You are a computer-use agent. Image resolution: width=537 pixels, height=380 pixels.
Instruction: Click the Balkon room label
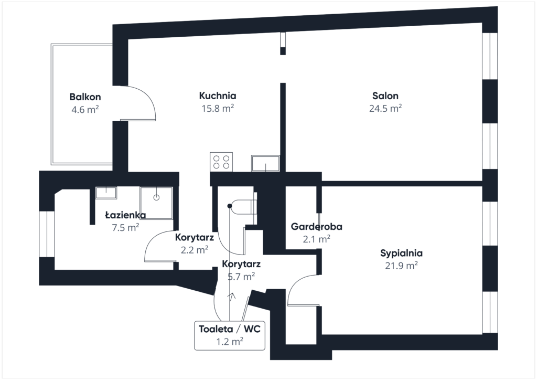pos(85,97)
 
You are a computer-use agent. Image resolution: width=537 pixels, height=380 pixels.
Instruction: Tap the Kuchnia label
pos(218,96)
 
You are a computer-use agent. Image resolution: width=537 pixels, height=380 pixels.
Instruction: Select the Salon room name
pos(385,96)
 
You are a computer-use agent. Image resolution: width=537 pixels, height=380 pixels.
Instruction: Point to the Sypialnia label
pos(401,253)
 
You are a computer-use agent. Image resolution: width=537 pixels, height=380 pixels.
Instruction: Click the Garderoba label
pos(316,227)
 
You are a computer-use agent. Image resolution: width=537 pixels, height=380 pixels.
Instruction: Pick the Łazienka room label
pos(125,215)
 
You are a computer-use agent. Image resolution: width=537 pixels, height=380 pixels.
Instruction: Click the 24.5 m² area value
pos(385,108)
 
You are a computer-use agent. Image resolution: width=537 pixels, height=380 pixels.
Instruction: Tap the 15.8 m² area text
pos(218,108)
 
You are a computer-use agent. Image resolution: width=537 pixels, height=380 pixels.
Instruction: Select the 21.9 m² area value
pos(401,266)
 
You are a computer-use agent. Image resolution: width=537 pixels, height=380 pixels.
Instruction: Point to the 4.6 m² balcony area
pos(85,110)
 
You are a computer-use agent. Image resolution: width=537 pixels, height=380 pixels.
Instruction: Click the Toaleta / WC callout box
pos(230,335)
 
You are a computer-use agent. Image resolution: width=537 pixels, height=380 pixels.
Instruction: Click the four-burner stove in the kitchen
pos(221,162)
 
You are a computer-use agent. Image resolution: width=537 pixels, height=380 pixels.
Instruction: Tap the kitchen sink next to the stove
pos(265,163)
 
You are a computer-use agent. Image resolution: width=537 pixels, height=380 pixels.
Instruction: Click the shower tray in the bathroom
pos(156,203)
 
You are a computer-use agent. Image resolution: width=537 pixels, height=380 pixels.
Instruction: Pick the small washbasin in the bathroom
pos(106,193)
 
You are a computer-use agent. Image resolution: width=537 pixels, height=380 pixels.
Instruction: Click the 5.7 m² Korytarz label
pos(241,270)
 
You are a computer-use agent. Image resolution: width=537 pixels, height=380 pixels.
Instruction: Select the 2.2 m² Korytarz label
pos(195,244)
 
